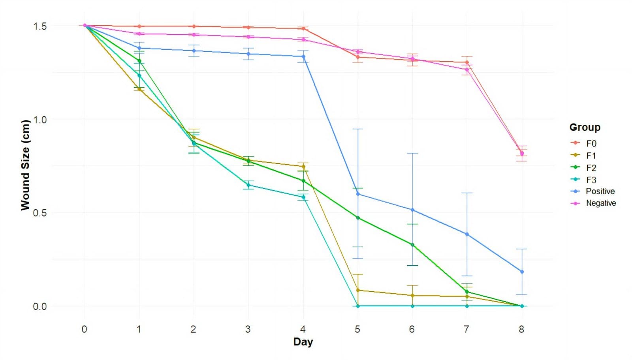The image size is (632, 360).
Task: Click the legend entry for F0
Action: [591, 144]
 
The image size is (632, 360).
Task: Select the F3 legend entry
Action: [591, 180]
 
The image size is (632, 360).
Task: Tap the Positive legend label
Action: [600, 191]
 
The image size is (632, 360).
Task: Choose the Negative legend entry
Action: [601, 203]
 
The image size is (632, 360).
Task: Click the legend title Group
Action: [585, 127]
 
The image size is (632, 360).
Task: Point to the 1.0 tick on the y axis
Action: [39, 120]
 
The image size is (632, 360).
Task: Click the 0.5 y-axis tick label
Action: [39, 213]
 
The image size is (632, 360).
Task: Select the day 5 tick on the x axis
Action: [357, 329]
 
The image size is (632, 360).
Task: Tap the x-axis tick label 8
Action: [521, 329]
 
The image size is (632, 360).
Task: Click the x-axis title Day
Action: [303, 342]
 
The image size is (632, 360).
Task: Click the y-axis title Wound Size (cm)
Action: [25, 165]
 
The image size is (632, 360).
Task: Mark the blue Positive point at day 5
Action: [358, 194]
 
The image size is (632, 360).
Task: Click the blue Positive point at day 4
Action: [303, 56]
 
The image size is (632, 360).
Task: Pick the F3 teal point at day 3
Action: [248, 185]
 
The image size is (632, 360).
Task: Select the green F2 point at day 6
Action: [412, 245]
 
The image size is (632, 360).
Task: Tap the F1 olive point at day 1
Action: [139, 89]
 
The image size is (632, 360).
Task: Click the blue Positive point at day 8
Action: [522, 272]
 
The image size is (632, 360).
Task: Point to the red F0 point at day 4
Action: [303, 28]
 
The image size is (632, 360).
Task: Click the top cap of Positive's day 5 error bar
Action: [358, 129]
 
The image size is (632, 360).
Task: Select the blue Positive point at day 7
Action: [467, 234]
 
